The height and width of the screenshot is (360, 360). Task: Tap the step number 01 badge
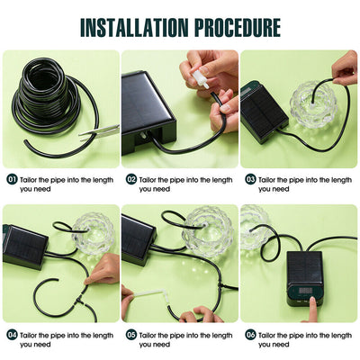12,179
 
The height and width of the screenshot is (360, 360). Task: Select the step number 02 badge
131,179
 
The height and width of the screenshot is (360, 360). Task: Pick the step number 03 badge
251,179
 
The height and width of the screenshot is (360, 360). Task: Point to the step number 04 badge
12,334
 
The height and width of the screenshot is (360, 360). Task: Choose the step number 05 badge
131,334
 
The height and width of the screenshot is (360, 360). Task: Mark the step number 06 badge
251,334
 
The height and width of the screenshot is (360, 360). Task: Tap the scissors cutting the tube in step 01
90,136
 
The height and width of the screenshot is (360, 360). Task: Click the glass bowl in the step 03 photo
315,103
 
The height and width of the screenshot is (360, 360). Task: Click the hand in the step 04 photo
104,268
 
